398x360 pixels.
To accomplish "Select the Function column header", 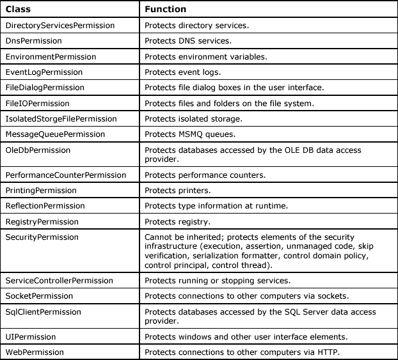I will [165, 10].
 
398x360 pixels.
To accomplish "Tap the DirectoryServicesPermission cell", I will [60, 26].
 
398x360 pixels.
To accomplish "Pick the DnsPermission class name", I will [33, 41].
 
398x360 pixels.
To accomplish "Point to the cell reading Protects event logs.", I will [182, 72].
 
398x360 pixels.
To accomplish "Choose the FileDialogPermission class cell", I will [45, 88].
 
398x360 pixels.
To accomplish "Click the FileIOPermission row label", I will [37, 103].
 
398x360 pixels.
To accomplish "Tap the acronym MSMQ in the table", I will [193, 134].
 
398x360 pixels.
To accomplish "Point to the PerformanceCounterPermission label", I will [61, 175].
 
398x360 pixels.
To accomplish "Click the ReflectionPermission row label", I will [45, 206].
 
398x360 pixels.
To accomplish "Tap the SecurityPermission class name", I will [42, 237].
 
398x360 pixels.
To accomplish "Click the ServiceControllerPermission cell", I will [59, 281].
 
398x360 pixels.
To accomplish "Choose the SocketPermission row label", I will [39, 296].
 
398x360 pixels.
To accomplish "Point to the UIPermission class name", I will [31, 336].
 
